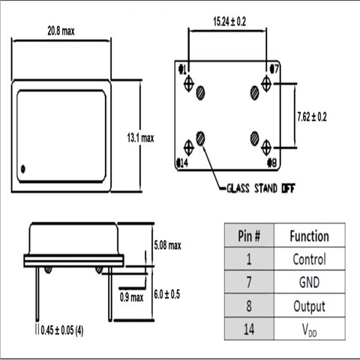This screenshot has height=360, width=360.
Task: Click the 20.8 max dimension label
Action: click(x=59, y=31)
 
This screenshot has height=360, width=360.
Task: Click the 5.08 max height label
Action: click(x=166, y=245)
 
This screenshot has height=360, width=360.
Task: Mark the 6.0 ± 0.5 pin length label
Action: click(x=166, y=295)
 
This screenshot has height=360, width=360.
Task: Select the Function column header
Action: click(x=309, y=235)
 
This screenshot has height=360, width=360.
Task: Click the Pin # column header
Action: click(x=249, y=235)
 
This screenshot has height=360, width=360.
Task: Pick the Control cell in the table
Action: click(x=309, y=259)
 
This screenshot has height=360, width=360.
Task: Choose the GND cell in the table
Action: click(x=309, y=283)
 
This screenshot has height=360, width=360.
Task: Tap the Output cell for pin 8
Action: click(x=309, y=306)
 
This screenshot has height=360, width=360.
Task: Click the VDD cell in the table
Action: click(x=309, y=328)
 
